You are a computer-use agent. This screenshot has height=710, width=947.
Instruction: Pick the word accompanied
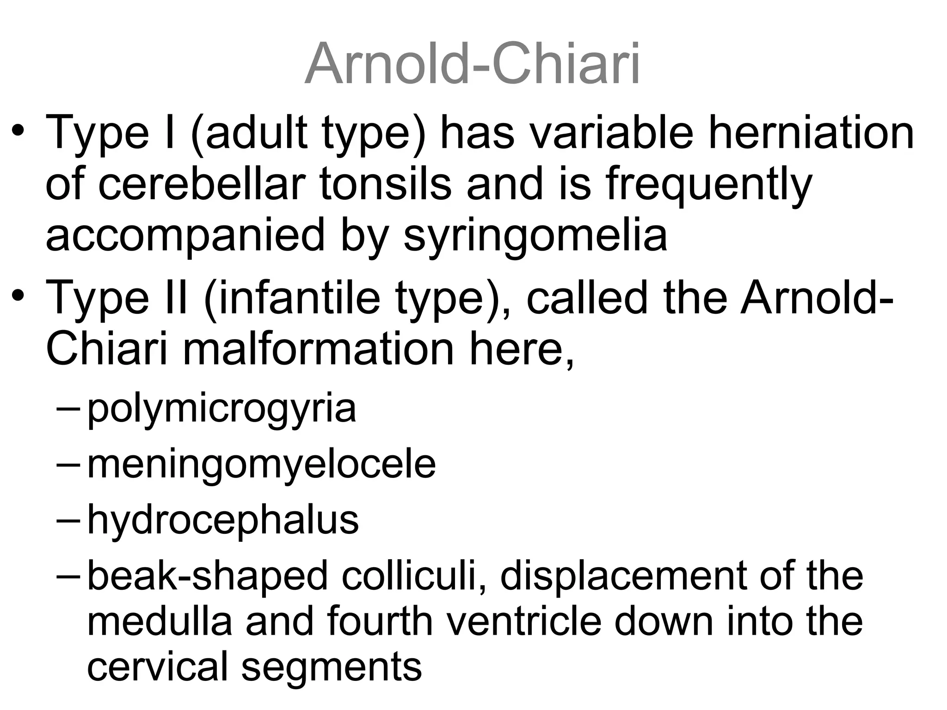[x=185, y=236]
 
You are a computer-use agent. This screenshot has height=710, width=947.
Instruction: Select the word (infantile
[x=292, y=298]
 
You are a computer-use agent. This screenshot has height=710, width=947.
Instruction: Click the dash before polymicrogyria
[x=68, y=409]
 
